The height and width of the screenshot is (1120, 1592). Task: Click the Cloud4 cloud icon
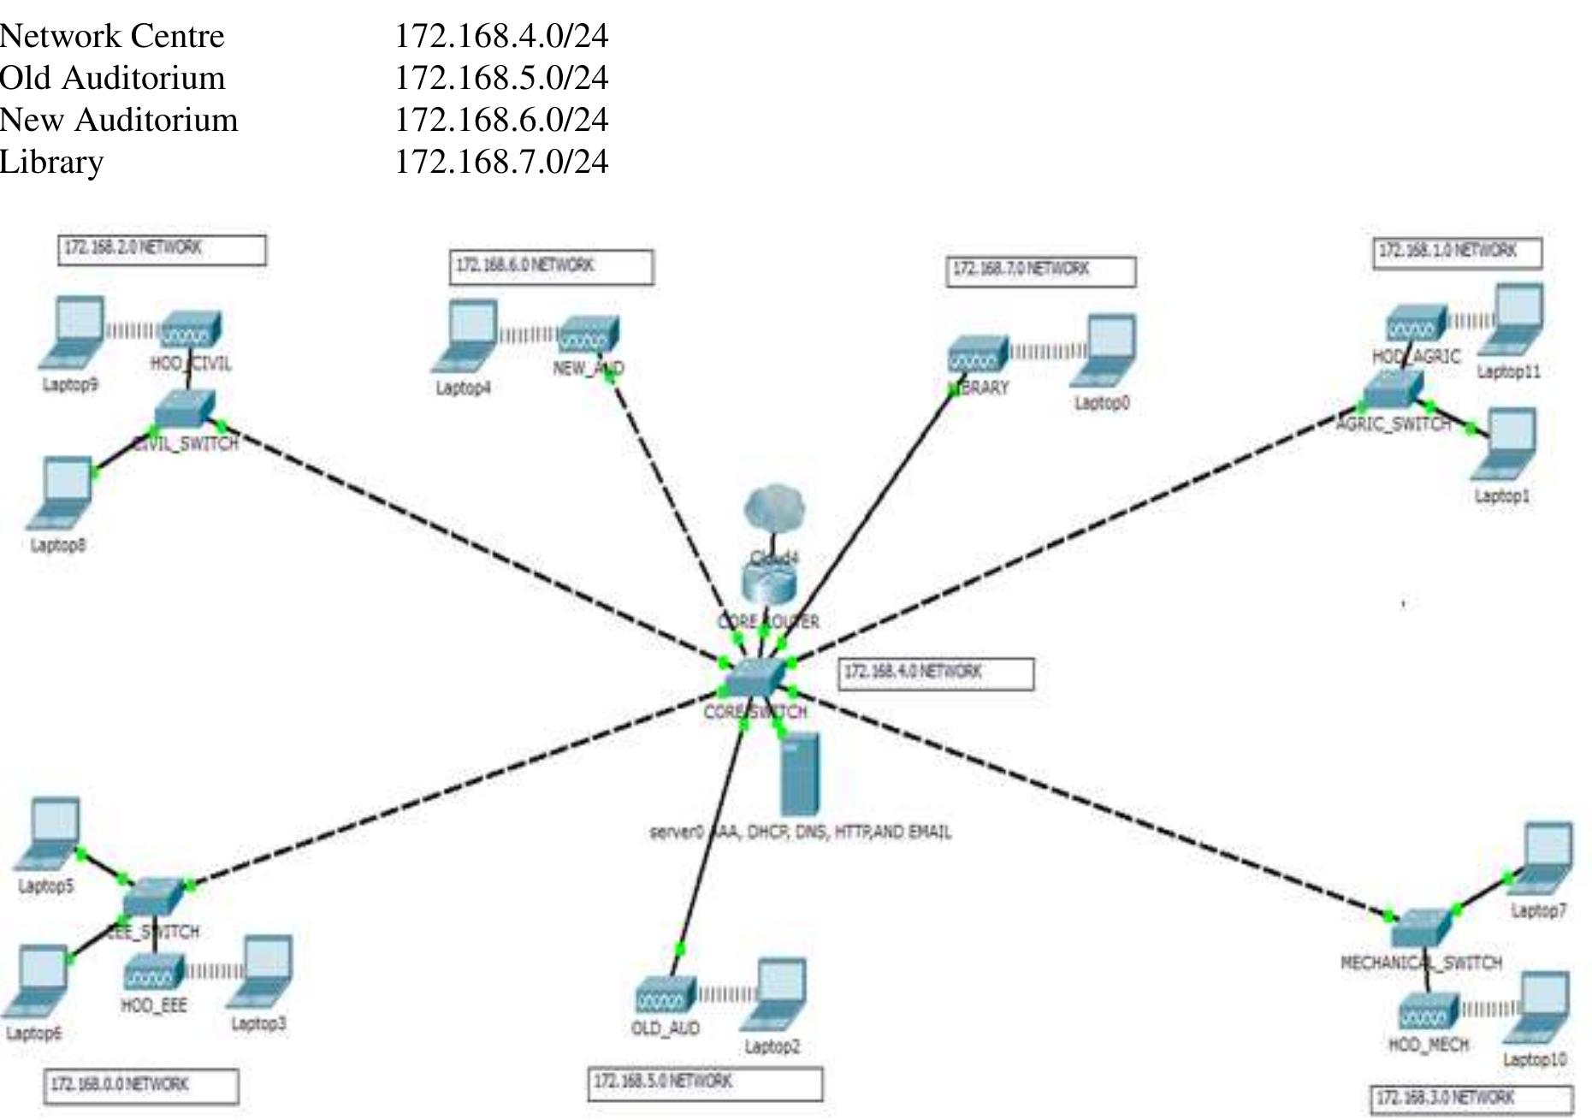pyautogui.click(x=774, y=507)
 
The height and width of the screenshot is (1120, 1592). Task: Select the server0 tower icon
pyautogui.click(x=800, y=773)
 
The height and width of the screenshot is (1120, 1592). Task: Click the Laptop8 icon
pyautogui.click(x=62, y=493)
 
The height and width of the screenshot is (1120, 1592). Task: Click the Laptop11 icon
pyautogui.click(x=1513, y=321)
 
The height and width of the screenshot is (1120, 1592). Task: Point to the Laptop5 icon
pyautogui.click(x=50, y=833)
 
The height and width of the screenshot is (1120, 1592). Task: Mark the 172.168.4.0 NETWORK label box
pyautogui.click(x=936, y=673)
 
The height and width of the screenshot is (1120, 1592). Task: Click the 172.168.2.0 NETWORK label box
pyautogui.click(x=162, y=250)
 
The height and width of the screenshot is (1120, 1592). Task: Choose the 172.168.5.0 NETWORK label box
pyautogui.click(x=705, y=1083)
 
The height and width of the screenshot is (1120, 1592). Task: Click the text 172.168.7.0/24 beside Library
pyautogui.click(x=501, y=162)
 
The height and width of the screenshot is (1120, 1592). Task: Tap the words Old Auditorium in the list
pyautogui.click(x=113, y=78)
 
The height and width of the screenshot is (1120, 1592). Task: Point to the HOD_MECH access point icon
pyautogui.click(x=1428, y=1013)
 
